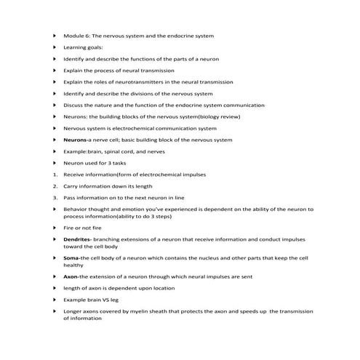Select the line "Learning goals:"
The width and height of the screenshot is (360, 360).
[x=84, y=47]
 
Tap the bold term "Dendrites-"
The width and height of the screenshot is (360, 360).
[x=78, y=239]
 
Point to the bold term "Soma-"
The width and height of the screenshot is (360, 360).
[x=72, y=257]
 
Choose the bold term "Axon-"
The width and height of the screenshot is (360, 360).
[x=71, y=276]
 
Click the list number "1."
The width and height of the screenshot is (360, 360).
[x=55, y=175]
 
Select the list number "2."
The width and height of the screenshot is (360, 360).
[x=55, y=186]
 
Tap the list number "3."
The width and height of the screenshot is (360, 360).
[x=55, y=198]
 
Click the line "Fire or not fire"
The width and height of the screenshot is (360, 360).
[x=83, y=228]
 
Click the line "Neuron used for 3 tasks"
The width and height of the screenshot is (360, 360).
[x=95, y=163]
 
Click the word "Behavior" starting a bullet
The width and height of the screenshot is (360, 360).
[x=76, y=209]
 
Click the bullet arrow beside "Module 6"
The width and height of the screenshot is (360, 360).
[x=55, y=36]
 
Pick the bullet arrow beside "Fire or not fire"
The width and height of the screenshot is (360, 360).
[x=55, y=228]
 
